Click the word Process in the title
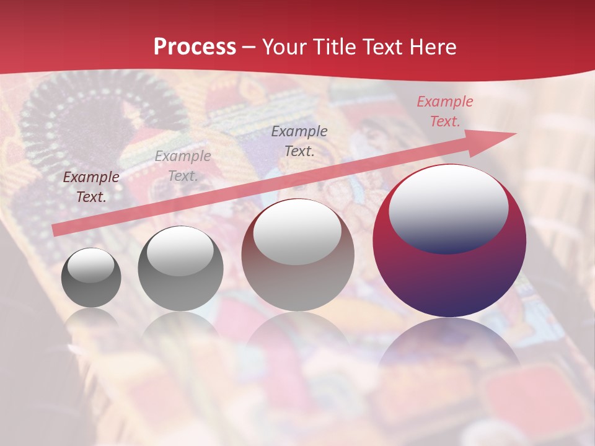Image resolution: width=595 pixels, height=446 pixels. (x=195, y=47)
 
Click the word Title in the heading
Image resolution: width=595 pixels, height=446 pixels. (x=335, y=47)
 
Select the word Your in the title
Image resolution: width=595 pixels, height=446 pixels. (x=286, y=47)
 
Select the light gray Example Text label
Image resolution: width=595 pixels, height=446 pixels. (x=183, y=166)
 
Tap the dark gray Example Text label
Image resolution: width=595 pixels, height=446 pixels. (x=299, y=141)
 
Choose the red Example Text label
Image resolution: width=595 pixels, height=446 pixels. (x=444, y=111)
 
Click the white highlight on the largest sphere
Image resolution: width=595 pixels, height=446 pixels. (x=448, y=208)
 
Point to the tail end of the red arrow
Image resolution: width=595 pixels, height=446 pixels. (x=56, y=230)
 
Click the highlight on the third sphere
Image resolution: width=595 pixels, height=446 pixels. (x=297, y=231)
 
